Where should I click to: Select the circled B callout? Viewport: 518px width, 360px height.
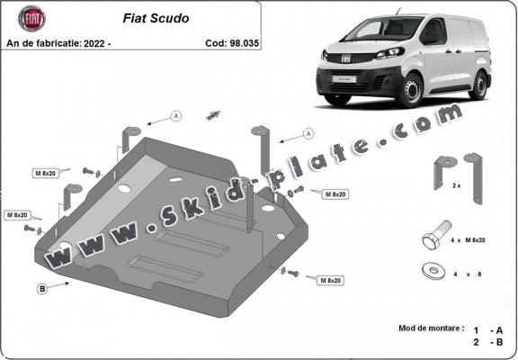coord(41,289)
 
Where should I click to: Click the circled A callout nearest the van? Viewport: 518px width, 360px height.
coord(308,133)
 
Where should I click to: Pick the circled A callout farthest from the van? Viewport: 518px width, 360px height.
coord(176,115)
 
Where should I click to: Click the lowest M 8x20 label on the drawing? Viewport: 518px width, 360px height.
coord(332,281)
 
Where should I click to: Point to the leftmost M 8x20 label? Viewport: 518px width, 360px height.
coord(17,215)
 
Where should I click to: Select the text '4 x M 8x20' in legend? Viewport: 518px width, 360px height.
coord(473,240)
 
